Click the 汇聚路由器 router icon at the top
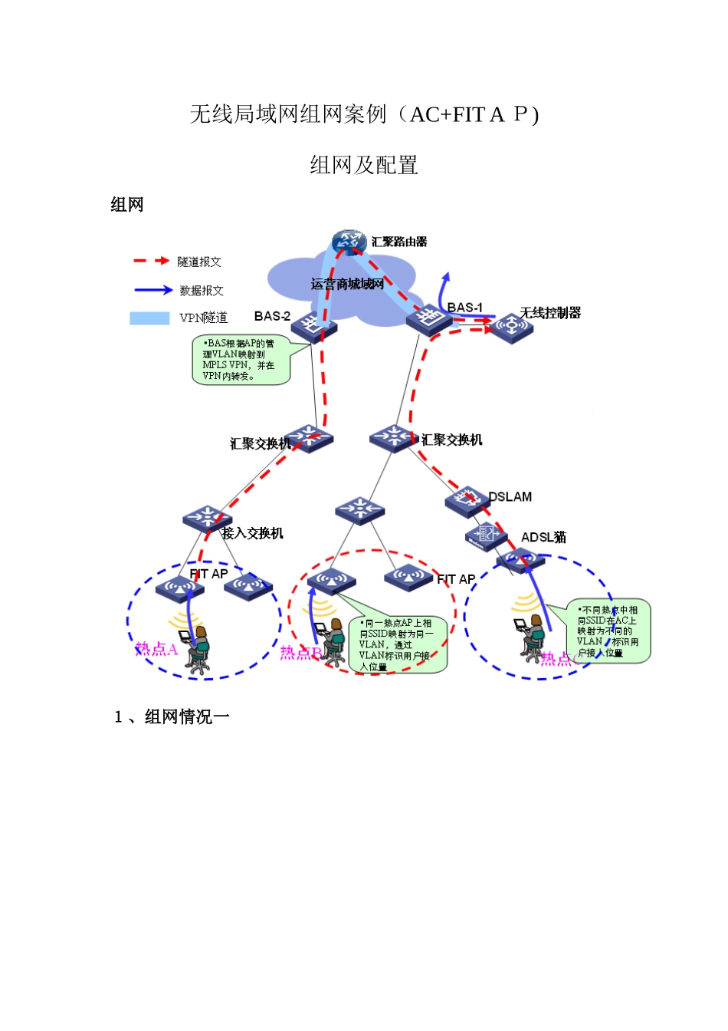[x=349, y=242]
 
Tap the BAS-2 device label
[x=272, y=316]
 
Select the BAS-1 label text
[x=465, y=308]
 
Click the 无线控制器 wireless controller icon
[x=511, y=327]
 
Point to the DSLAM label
[x=510, y=497]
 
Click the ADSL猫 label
[x=543, y=537]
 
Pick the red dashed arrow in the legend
[x=151, y=261]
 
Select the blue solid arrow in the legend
[x=152, y=290]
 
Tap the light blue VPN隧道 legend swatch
[x=149, y=318]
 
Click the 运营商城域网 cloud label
[x=346, y=285]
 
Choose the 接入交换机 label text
[x=253, y=533]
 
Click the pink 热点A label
[x=156, y=649]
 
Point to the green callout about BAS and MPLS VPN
[x=241, y=359]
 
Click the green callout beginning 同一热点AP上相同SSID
[x=397, y=645]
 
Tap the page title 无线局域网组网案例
[x=364, y=114]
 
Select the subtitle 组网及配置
[x=364, y=165]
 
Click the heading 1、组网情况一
[x=172, y=716]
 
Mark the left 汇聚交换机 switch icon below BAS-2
[x=308, y=438]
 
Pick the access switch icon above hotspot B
[x=359, y=509]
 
